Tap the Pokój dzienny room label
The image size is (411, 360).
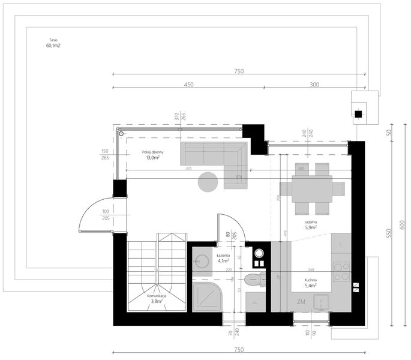(x=153, y=155)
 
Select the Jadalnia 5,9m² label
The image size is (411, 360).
(x=310, y=224)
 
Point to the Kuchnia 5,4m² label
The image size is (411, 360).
(x=310, y=283)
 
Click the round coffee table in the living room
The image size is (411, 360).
(x=209, y=181)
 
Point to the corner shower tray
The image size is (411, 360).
(x=206, y=296)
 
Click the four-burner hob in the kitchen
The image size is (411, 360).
(x=342, y=272)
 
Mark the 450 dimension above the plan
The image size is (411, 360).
(x=188, y=85)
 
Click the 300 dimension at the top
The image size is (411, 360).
(x=315, y=85)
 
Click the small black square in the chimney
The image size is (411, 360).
(x=358, y=114)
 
